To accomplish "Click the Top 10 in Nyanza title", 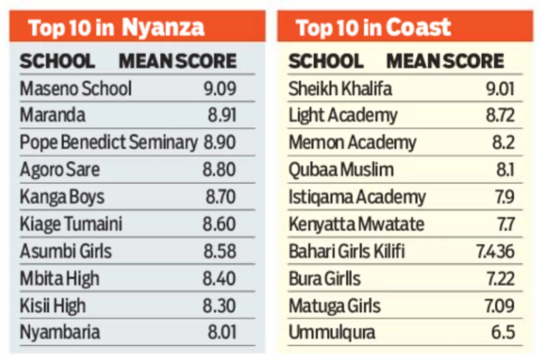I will point(116,27).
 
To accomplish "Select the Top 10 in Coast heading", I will point(373,27).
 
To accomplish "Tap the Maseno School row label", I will point(76,88).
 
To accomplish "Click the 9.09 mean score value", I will point(220,88).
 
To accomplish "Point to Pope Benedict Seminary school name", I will point(109,143).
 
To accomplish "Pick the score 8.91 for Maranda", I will point(222,115).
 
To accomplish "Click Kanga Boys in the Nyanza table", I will point(62,197).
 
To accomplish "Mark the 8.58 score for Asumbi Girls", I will point(220,251).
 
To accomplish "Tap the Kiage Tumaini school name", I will point(71,225).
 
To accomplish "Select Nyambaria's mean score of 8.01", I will point(222,333).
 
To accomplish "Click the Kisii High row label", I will point(53,306).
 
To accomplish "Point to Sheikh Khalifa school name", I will point(340,88).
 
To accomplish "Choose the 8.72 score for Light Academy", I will point(500,116).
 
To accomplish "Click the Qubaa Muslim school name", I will point(341,170).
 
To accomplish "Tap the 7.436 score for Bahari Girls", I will point(495,251).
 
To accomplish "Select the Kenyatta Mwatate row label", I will point(356,225).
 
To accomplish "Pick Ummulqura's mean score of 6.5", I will point(503,333).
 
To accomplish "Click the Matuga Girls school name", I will point(334,306).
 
